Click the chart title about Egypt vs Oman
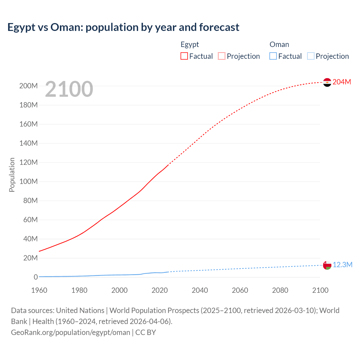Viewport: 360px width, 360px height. [x=123, y=27]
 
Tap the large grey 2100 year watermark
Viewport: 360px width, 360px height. [x=69, y=89]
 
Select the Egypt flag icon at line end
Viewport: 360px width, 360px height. [x=327, y=82]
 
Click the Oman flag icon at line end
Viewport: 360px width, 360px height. [x=327, y=265]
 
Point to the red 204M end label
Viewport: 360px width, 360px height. [x=342, y=82]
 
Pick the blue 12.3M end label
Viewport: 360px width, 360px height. [x=342, y=265]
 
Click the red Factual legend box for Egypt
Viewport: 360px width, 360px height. [x=184, y=56]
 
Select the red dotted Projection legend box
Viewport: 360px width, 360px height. [x=222, y=56]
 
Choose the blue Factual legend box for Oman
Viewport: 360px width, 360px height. [x=273, y=56]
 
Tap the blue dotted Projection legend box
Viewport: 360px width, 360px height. [x=311, y=56]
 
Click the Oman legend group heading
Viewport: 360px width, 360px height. [x=279, y=44]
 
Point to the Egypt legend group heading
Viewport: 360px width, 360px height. [x=190, y=44]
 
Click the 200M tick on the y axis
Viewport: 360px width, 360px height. [x=28, y=86]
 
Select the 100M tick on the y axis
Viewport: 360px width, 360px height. [x=28, y=181]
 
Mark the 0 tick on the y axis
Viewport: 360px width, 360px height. [x=35, y=277]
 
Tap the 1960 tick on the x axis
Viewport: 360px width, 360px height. [x=39, y=290]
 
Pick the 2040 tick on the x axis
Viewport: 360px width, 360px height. [x=200, y=290]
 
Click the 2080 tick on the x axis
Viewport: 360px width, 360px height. [x=280, y=290]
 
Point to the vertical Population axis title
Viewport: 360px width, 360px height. [x=12, y=175]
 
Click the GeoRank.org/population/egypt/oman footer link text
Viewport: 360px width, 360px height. [x=70, y=332]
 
